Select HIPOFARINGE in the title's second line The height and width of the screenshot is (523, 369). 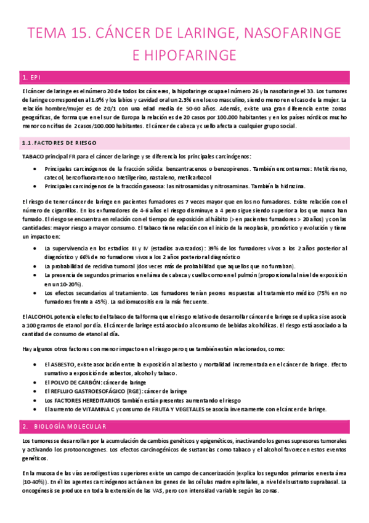184,56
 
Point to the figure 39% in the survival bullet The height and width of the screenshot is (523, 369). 205,249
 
